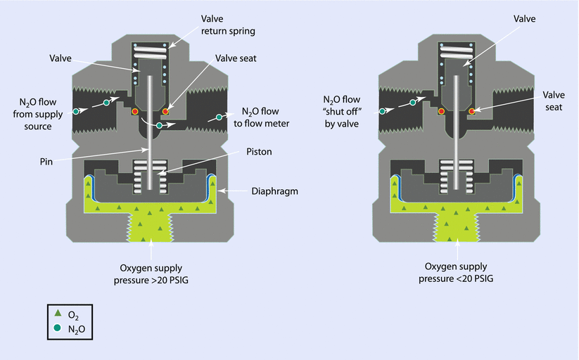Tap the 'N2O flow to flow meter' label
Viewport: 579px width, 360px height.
click(265, 117)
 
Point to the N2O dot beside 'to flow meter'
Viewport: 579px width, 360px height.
click(219, 116)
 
